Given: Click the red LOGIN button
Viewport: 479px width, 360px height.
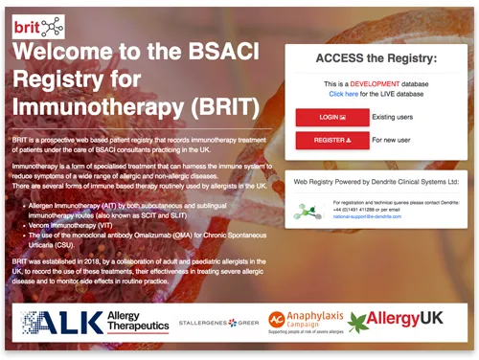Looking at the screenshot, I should pyautogui.click(x=331, y=117).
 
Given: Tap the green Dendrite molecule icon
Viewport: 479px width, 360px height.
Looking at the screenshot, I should pyautogui.click(x=308, y=210).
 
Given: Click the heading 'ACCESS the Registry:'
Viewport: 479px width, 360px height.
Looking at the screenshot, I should pyautogui.click(x=375, y=58).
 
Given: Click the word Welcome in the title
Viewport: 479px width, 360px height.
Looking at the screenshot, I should pyautogui.click(x=75, y=50).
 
